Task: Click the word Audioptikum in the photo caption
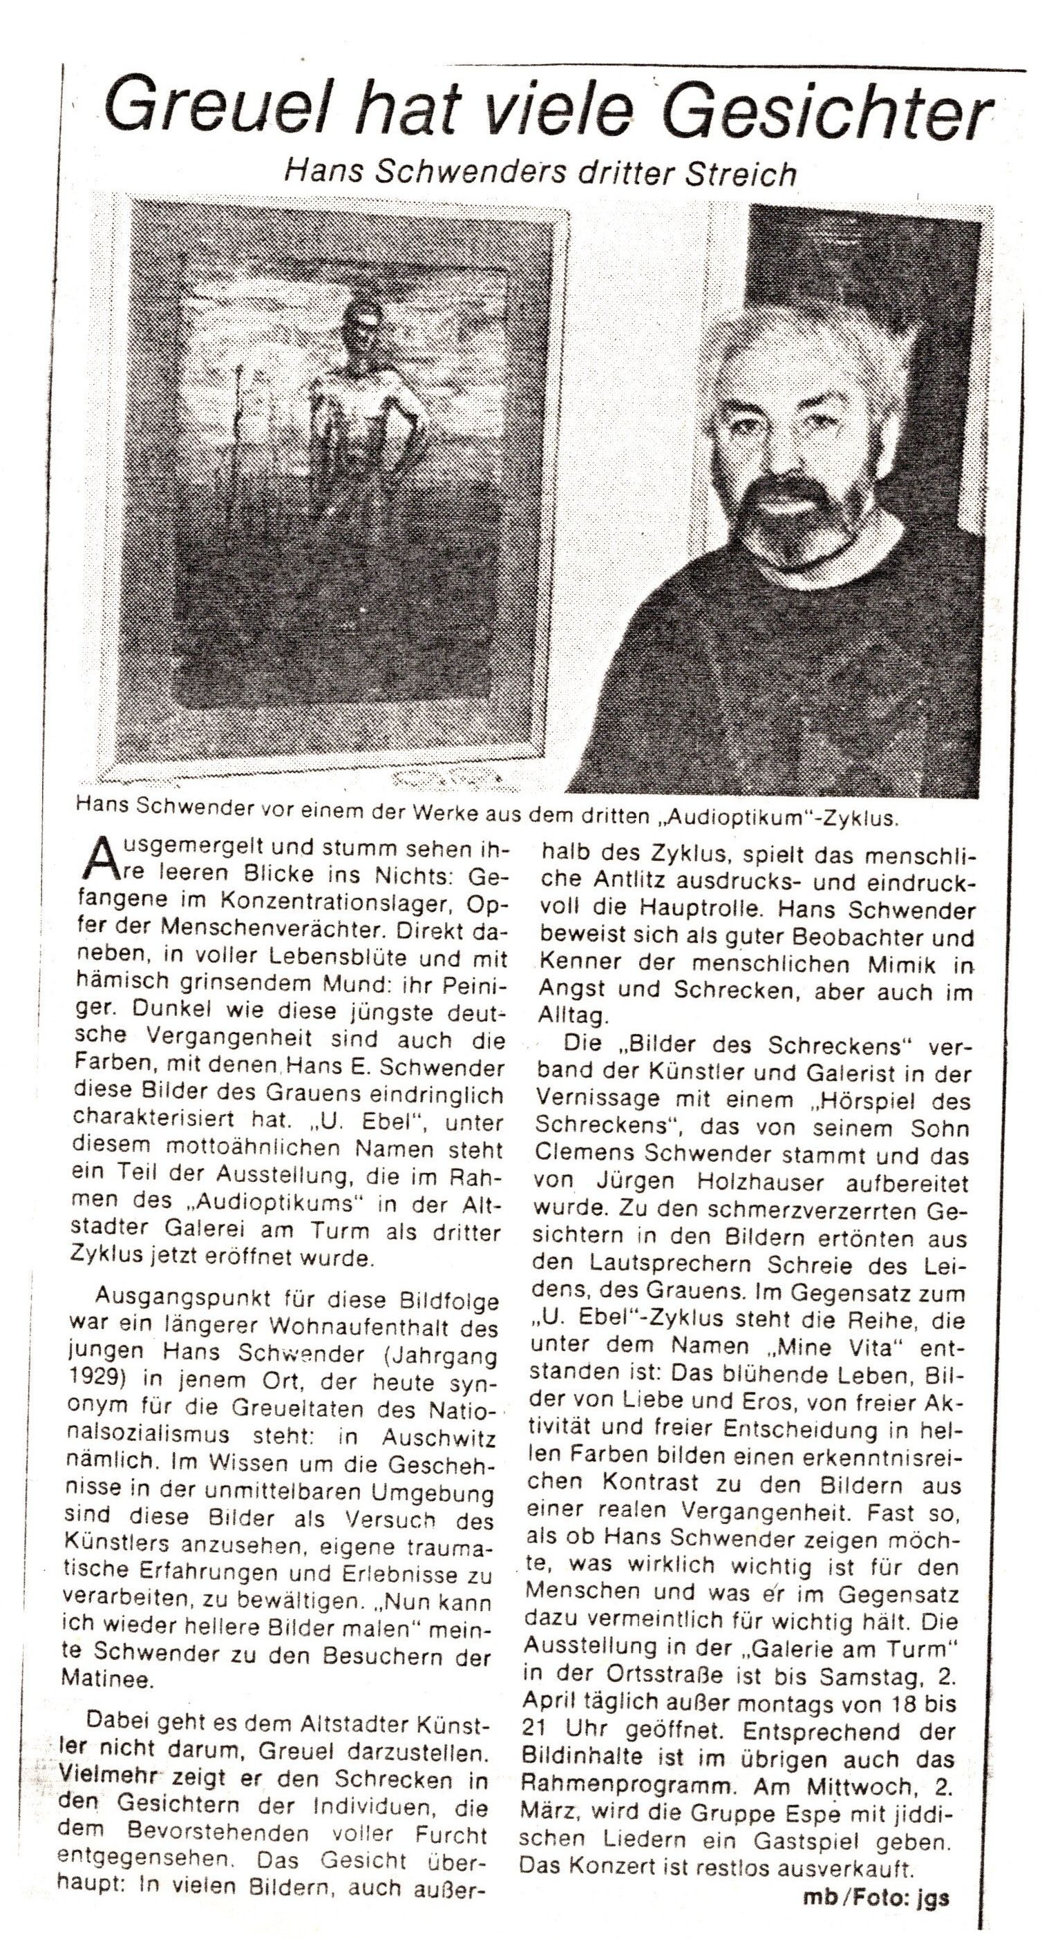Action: click(762, 819)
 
